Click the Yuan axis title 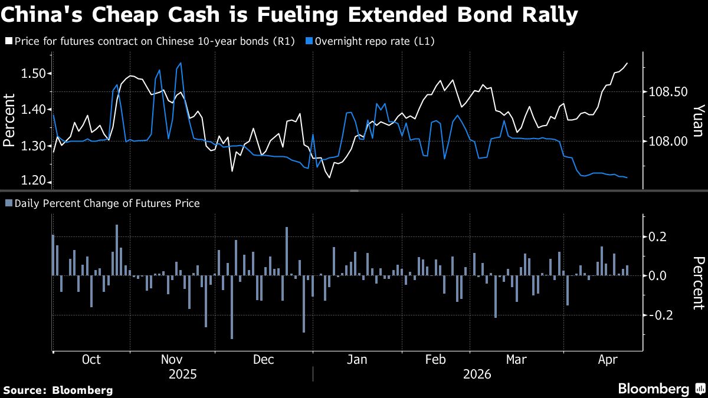click(x=697, y=120)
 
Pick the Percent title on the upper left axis click(x=9, y=120)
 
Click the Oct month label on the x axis click(x=91, y=360)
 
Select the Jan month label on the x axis click(x=357, y=360)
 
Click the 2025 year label click(x=183, y=374)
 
